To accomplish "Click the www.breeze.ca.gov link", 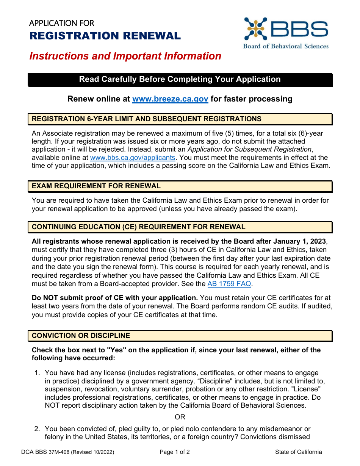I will pos(170,99).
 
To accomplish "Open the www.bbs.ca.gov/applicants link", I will pos(133,157).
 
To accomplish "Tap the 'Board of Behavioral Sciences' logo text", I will pos(286,46).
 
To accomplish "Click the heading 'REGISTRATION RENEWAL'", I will pos(105,36).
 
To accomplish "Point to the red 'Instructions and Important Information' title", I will pos(125,56).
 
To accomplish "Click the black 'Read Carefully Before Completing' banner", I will pos(180,79).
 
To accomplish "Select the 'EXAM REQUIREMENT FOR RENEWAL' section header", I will pos(96,186).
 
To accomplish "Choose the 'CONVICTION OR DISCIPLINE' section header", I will pos(81,336).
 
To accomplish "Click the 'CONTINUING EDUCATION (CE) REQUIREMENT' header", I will pos(138,227).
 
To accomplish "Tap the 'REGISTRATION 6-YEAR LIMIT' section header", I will pos(146,119).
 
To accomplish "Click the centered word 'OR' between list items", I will pos(180,417).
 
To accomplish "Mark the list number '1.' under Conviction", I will pos(37,373).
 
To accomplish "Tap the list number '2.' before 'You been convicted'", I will pos(37,429).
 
